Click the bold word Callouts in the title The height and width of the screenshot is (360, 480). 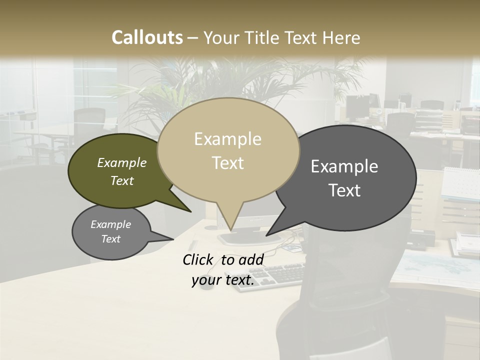[x=147, y=37]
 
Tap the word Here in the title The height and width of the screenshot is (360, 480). [x=341, y=37]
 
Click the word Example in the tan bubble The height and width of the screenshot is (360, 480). [x=227, y=139]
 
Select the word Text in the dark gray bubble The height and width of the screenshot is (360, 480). [x=344, y=190]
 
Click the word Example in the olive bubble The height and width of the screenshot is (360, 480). [x=121, y=163]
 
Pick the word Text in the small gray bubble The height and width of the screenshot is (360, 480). [x=110, y=239]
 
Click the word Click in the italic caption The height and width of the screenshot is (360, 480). [x=198, y=259]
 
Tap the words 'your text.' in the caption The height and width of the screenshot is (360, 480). [x=223, y=280]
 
